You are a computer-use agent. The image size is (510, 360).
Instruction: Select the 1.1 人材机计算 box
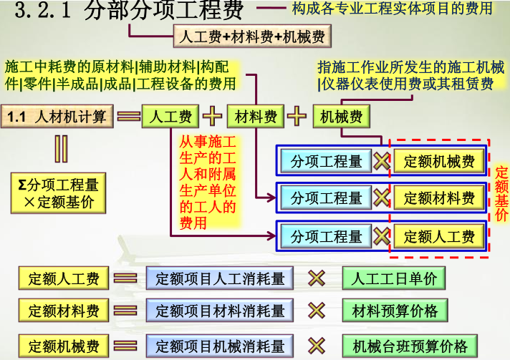click(x=57, y=116)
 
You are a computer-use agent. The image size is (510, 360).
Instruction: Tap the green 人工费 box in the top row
click(x=170, y=116)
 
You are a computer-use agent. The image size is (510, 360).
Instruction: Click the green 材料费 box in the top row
click(x=256, y=116)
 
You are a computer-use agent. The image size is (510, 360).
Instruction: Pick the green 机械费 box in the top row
click(x=341, y=116)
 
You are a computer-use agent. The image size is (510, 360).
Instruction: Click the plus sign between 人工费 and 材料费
click(x=213, y=116)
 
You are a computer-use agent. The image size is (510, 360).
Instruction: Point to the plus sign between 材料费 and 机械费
click(x=299, y=116)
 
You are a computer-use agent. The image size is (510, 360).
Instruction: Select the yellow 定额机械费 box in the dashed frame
click(x=438, y=161)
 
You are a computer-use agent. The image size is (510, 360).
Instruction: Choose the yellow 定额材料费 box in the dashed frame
click(x=438, y=198)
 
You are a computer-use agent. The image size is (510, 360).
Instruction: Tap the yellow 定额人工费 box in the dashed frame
click(x=438, y=236)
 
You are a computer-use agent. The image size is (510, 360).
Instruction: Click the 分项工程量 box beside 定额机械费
click(x=327, y=161)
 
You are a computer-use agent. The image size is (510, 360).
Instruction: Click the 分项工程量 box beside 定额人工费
click(x=327, y=236)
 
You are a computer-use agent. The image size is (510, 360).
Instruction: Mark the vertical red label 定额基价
click(x=501, y=193)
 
